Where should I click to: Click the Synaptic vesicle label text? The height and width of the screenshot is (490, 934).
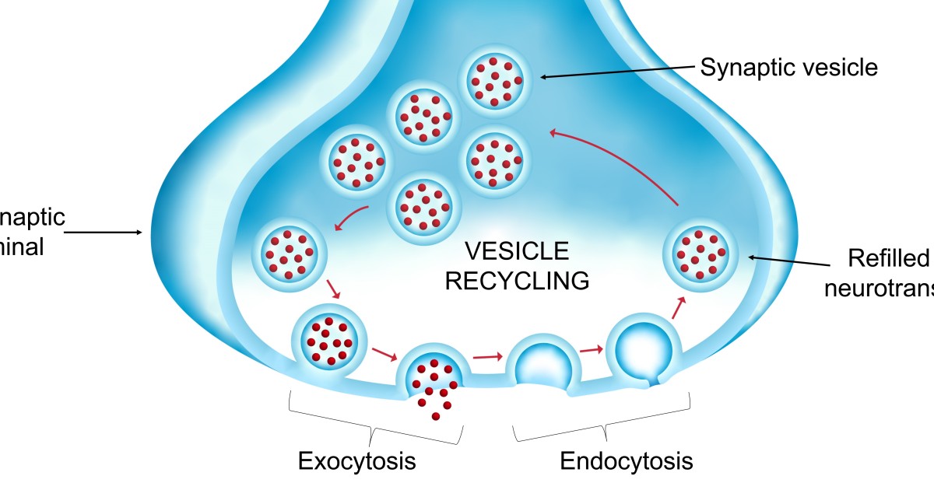[x=788, y=68]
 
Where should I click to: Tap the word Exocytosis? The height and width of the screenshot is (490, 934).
[x=357, y=461]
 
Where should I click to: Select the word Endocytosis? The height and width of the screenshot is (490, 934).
[x=627, y=461]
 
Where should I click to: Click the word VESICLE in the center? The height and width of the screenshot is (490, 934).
[x=517, y=251]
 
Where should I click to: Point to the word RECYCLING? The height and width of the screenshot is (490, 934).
[x=517, y=280]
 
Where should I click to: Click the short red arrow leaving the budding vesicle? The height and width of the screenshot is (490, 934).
[x=678, y=307]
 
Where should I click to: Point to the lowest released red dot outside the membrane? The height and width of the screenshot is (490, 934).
[x=435, y=417]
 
